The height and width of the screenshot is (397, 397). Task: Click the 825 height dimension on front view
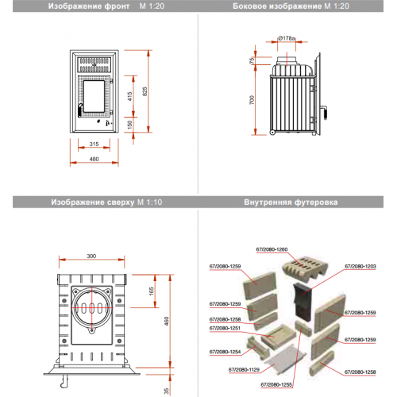pos(145,91)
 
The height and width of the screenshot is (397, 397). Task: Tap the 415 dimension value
pos(129,96)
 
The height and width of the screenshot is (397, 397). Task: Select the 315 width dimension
pos(94,144)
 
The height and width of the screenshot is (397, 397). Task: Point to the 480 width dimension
pos(94,159)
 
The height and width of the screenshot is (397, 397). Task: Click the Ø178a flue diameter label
pos(287,38)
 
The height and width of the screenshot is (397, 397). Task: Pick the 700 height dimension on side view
pos(252,100)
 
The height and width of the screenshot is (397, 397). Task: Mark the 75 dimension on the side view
pos(252,60)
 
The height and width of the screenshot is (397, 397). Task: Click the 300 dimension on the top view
pos(91,256)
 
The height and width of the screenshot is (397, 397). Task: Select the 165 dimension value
pos(151,291)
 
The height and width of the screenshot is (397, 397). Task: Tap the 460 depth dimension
pos(166,321)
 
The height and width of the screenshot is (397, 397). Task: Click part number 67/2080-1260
pos(272,249)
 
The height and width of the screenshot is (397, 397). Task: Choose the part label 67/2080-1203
pos(360,266)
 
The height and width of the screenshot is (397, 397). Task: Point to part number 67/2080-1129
pos(244,369)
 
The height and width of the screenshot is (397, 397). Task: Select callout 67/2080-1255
pos(276,384)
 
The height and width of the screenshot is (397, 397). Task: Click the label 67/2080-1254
pos(225,352)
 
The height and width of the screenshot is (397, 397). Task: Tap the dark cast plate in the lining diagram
pos(303,302)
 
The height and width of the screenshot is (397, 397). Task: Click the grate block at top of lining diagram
pos(305,267)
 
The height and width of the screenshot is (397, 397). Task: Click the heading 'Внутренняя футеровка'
pos(291,202)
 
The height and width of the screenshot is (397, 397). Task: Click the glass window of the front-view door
pos(94,96)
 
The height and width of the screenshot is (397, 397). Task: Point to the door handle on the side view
pos(325,113)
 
